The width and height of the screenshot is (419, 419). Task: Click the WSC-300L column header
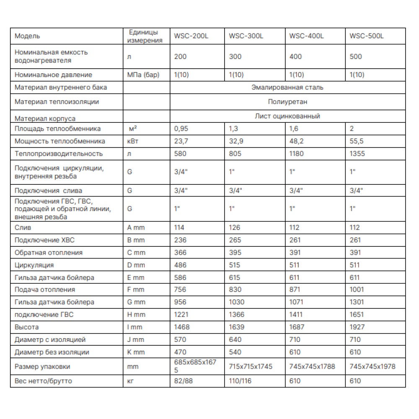[246, 36]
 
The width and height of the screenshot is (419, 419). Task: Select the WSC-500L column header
[367, 36]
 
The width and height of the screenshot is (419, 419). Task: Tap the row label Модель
[27, 36]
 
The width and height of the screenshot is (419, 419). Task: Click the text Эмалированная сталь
[287, 88]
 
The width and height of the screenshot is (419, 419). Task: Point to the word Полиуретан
[287, 101]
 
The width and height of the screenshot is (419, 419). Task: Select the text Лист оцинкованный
[287, 116]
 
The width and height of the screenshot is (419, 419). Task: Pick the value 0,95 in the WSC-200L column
[181, 129]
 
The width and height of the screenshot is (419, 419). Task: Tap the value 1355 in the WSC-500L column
[357, 154]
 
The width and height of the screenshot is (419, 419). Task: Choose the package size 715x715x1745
[251, 367]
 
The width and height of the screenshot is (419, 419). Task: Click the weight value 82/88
[183, 381]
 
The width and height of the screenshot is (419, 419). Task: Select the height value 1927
[357, 327]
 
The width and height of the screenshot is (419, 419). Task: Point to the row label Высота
[26, 327]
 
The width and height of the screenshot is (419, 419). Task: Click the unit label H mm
[136, 315]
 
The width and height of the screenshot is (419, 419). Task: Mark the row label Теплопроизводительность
[59, 154]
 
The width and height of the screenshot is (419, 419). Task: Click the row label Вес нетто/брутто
[43, 381]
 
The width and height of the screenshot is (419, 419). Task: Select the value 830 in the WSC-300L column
[235, 290]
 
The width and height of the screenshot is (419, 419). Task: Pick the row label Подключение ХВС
[45, 240]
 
